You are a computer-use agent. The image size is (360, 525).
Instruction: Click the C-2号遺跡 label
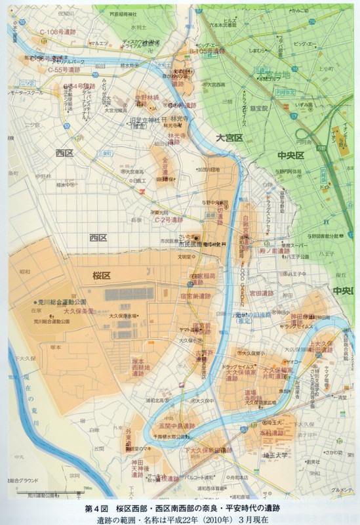pyautogui.click(x=172, y=221)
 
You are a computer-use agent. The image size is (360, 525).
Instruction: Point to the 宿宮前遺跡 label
pyautogui.click(x=195, y=296)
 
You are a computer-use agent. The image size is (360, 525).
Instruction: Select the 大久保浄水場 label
pyautogui.click(x=123, y=316)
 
